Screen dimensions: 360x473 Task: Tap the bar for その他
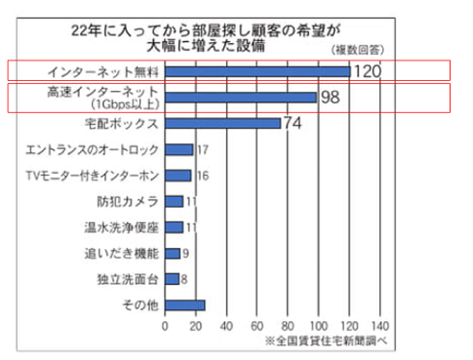tap(185, 305)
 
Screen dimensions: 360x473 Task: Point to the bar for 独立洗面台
tap(172, 279)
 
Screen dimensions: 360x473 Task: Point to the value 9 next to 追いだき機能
tap(186, 254)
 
